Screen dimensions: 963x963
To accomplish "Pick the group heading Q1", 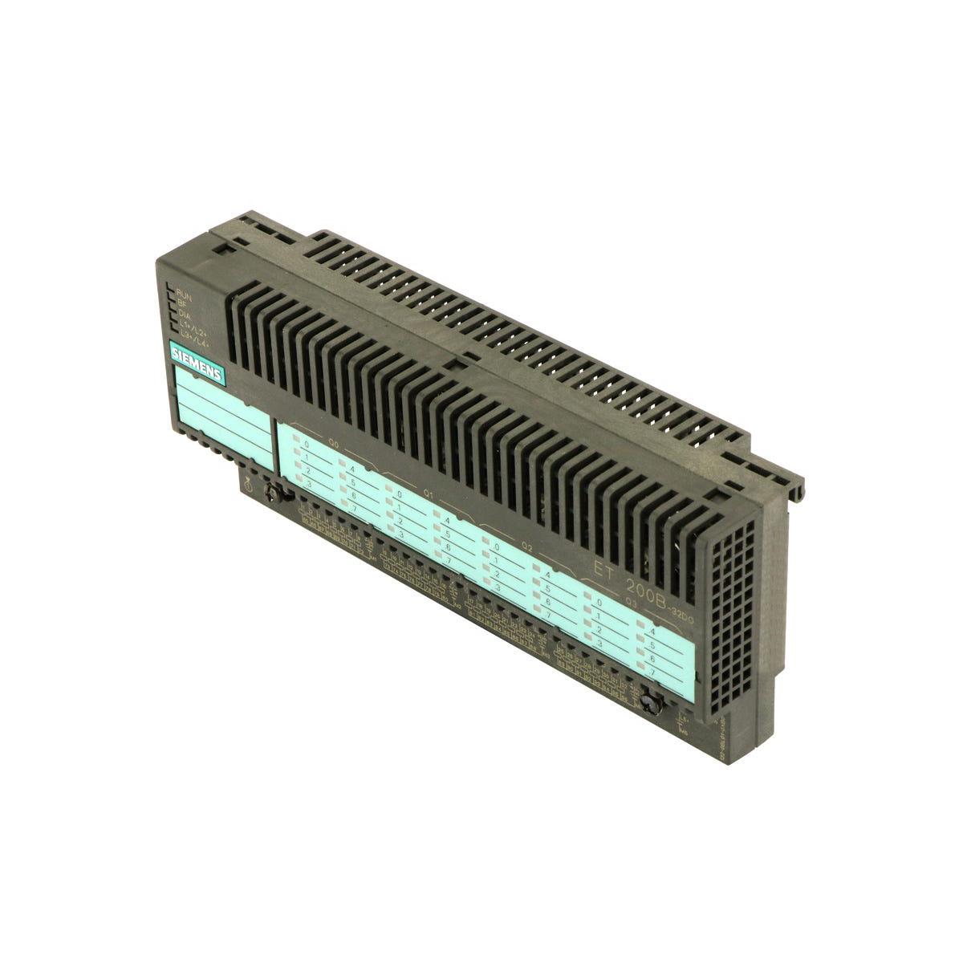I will [429, 494].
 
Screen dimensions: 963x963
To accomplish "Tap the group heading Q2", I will [527, 547].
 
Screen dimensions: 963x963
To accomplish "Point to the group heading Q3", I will [631, 601].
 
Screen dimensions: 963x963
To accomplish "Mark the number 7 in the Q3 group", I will [652, 671].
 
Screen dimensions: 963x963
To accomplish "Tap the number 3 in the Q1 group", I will [400, 534].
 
